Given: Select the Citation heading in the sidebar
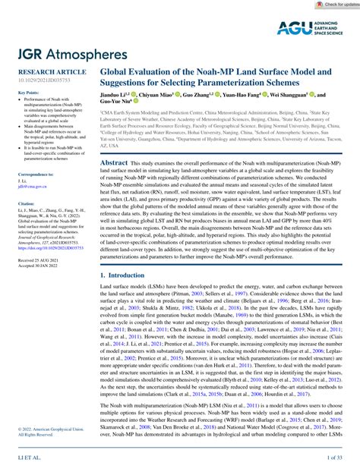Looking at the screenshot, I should tap(17, 203).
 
